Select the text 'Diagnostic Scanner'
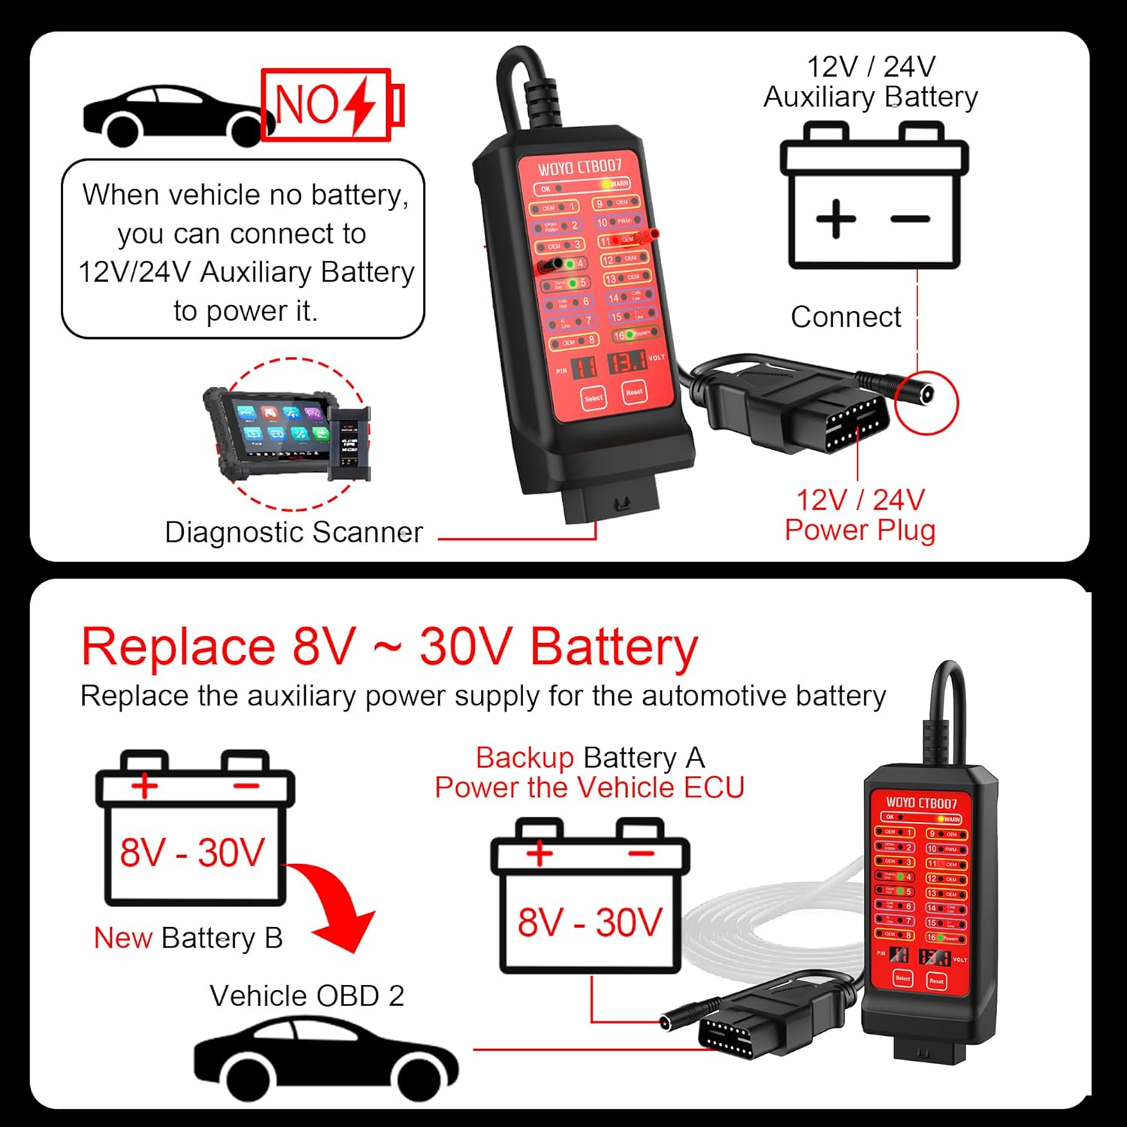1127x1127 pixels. coord(294,532)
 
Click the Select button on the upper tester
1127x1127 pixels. coord(593,397)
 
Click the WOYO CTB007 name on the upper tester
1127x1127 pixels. coord(579,167)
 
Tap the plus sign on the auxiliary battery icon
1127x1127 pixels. coord(835,219)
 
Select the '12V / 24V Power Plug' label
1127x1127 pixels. coord(860,515)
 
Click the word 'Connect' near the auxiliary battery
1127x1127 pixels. coord(845,317)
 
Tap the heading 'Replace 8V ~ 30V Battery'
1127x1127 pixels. coord(389,646)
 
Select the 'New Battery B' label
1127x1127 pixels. coord(188,938)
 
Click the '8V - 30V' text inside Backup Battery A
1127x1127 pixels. coord(590,922)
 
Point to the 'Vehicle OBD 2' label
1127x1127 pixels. coord(307,996)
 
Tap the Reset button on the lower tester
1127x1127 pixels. coord(936,980)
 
